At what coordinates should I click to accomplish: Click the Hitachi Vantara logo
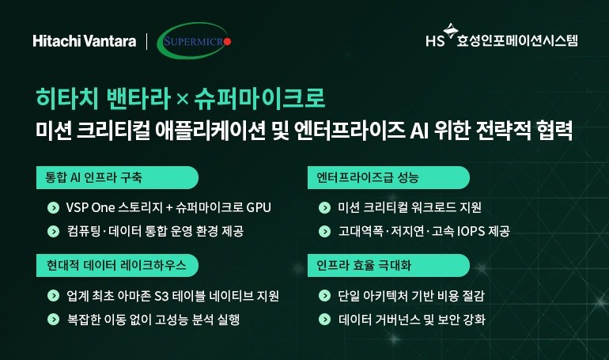click(x=84, y=41)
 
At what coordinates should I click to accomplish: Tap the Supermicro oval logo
click(x=195, y=41)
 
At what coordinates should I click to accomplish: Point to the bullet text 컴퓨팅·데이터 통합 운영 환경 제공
click(x=156, y=231)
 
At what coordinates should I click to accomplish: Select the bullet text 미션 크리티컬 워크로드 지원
click(x=409, y=208)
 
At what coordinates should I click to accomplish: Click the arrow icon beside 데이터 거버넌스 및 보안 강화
click(x=324, y=320)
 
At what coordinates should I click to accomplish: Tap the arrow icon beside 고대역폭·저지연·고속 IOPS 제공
click(x=324, y=231)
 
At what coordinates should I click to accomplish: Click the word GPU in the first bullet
click(x=258, y=208)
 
